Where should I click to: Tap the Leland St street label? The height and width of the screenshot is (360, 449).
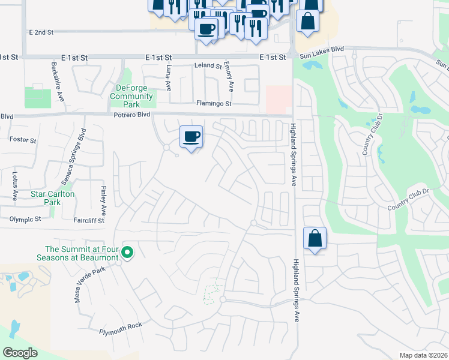pyautogui.click(x=207, y=65)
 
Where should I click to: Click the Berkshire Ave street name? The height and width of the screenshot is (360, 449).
pyautogui.click(x=54, y=77)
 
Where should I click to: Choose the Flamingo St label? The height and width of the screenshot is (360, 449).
pyautogui.click(x=214, y=103)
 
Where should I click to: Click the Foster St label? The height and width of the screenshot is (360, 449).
pyautogui.click(x=23, y=140)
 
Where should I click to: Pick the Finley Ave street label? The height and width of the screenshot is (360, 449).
pyautogui.click(x=103, y=201)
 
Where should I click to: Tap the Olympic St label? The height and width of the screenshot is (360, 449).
pyautogui.click(x=25, y=220)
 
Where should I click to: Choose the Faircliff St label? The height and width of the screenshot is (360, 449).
pyautogui.click(x=88, y=220)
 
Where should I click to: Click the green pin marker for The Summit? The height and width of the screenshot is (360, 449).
pyautogui.click(x=127, y=252)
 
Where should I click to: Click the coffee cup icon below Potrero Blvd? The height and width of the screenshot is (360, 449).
pyautogui.click(x=191, y=137)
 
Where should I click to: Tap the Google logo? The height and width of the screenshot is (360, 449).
pyautogui.click(x=20, y=353)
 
